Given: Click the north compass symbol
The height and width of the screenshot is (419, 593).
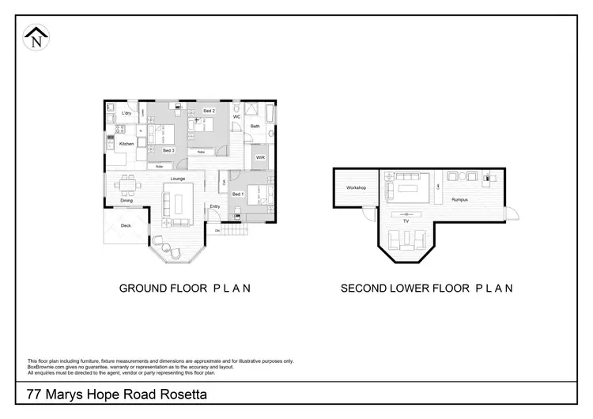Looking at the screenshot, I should coord(36,36).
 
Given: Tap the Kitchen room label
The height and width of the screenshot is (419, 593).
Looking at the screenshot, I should coord(127,145).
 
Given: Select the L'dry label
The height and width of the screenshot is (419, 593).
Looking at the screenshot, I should coord(126,113).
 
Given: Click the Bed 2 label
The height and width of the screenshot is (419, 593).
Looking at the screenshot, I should coord(209,111).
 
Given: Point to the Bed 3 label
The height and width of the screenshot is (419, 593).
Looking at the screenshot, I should coord(168,150).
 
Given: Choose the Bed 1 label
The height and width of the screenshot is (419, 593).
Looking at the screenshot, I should coord(238,194).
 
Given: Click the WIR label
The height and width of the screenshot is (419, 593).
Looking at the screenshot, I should coord(259,157).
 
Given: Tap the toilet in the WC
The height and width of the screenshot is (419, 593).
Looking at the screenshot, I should coord(236,108).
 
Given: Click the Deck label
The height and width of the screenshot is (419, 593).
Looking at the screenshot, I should coord(126,225).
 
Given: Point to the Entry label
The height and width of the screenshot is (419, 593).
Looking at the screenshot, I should coord(214,206).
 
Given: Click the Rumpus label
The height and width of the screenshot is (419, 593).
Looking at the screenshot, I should coord(459,200).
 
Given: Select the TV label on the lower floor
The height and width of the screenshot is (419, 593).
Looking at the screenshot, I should coord(406,222).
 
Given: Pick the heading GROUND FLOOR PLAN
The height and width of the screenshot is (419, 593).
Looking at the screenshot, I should coord(185,288).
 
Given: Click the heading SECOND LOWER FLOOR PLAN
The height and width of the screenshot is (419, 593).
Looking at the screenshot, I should coord(427,288).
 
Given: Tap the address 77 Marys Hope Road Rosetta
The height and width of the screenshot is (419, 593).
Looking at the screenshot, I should coord(118,394).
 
